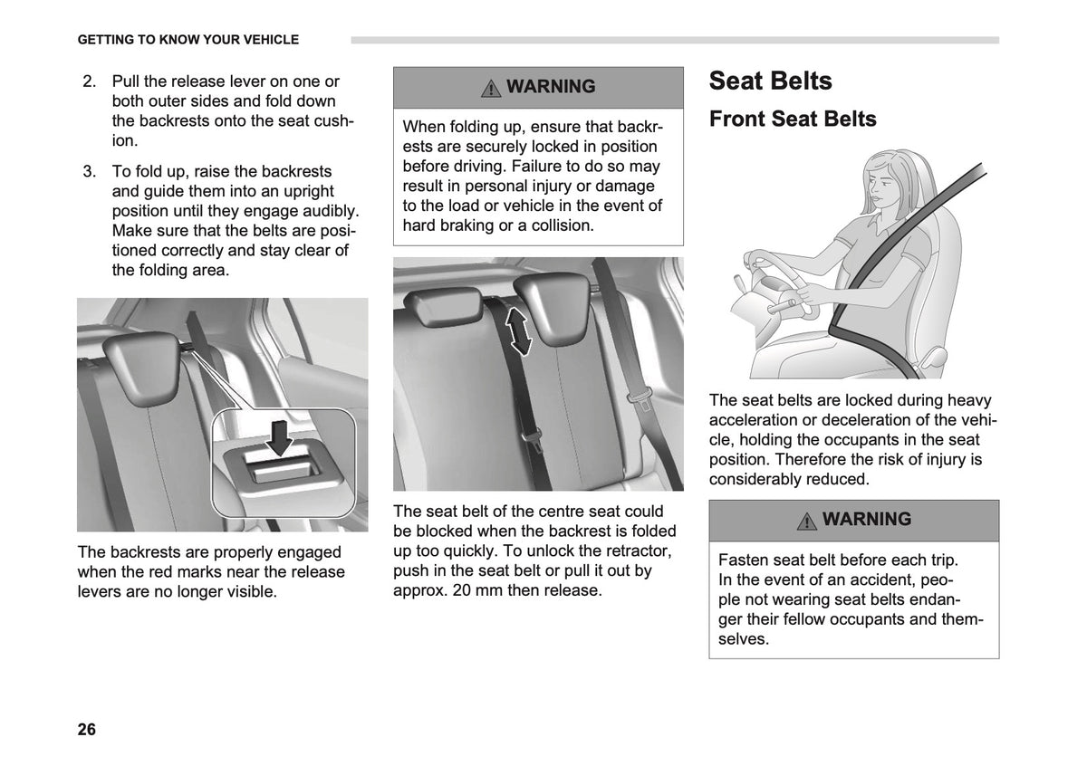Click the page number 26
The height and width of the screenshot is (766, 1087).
[86, 729]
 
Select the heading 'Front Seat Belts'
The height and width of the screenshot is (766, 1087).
[793, 119]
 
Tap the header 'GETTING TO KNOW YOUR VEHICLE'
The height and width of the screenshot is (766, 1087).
[188, 40]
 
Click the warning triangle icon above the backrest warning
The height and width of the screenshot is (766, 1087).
[491, 89]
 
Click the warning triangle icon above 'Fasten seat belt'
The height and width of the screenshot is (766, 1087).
[806, 521]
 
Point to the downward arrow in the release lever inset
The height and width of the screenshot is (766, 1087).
[280, 438]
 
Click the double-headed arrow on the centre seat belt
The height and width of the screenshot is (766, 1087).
[518, 331]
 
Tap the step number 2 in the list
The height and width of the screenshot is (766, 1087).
[90, 81]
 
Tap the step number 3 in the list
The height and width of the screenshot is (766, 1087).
[90, 172]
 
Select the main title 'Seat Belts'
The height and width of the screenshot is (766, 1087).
[770, 81]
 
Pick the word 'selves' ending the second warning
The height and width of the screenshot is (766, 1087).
[744, 639]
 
